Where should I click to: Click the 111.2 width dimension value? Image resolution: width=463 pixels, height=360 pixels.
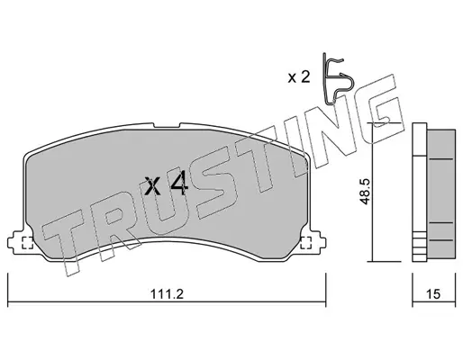pos(167,294)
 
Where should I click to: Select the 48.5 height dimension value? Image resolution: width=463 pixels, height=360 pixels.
pos(365,192)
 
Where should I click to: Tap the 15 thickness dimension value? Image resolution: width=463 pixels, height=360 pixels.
pos(433,294)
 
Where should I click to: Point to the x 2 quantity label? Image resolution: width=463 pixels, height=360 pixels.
pos(299,77)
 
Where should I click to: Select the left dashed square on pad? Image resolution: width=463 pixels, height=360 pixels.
pos(28,243)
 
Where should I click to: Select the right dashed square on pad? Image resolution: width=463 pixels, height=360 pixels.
pos(306,243)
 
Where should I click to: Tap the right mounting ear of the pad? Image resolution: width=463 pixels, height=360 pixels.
pos(317,242)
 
